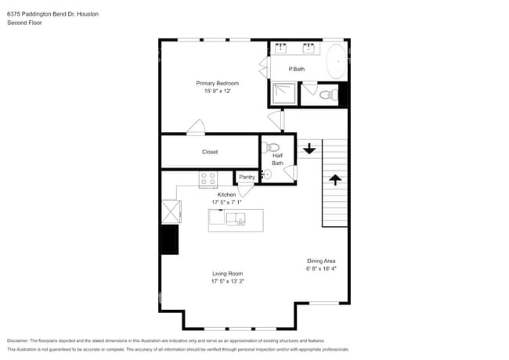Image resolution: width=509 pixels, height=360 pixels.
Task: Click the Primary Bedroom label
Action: (x=217, y=83)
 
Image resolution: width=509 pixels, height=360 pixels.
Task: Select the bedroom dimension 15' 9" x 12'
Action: (x=217, y=91)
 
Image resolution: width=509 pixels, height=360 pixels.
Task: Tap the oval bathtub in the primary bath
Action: (x=337, y=60)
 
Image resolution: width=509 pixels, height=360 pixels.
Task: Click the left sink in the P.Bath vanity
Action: (x=282, y=49)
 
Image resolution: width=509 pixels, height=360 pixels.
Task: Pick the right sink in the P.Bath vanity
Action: (x=309, y=49)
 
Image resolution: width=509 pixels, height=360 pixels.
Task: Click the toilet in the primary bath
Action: (x=330, y=95)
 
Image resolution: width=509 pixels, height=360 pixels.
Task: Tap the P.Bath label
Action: (x=297, y=70)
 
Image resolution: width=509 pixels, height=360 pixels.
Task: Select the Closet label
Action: (x=210, y=152)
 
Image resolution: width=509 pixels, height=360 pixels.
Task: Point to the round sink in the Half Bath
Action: (x=266, y=175)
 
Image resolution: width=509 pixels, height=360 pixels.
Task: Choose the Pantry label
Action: (x=247, y=177)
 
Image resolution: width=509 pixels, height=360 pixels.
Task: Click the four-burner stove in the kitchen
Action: (x=208, y=179)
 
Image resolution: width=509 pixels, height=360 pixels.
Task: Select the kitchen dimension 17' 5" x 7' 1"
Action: (x=226, y=202)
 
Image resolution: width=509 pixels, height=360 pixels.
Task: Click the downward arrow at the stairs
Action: (x=309, y=148)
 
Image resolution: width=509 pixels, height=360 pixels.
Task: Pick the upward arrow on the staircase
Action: (x=335, y=180)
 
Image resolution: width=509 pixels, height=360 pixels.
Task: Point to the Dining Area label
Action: (x=321, y=261)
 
